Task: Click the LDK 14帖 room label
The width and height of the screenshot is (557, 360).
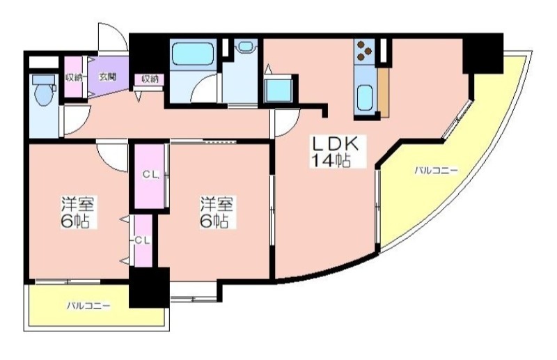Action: [335, 152]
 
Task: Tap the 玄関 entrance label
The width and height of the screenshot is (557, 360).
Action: [107, 77]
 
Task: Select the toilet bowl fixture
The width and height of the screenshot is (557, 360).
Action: [44, 91]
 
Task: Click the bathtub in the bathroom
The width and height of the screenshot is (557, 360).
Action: [194, 53]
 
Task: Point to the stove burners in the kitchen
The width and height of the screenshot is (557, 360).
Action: [364, 49]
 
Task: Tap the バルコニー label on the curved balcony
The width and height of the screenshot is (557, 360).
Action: [436, 171]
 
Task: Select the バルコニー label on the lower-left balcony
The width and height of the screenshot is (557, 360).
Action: [89, 306]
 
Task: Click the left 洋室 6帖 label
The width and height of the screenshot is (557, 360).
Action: [77, 212]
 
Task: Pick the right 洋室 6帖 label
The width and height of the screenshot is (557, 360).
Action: [216, 212]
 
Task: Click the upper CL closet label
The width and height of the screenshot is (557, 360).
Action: [150, 175]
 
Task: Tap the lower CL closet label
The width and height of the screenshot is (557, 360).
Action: [143, 241]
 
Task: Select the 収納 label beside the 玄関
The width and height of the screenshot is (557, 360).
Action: [74, 77]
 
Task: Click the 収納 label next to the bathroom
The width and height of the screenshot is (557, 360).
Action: [150, 79]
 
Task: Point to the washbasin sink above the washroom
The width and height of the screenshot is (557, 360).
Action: [245, 46]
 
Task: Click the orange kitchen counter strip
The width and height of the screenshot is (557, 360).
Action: [384, 93]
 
